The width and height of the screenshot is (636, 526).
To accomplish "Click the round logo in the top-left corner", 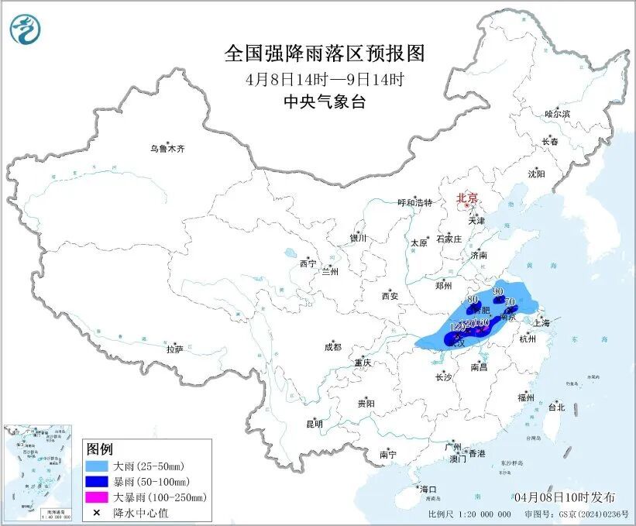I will point(26,29).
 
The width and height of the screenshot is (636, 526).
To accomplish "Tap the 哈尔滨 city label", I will point(556,114).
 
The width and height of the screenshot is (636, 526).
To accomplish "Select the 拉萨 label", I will point(174,349).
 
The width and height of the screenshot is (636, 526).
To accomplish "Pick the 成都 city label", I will point(332,347).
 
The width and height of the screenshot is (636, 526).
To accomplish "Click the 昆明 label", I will point(314,423).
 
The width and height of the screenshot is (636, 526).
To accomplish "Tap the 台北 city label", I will point(556,407).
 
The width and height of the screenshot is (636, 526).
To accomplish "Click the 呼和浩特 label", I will point(414,203).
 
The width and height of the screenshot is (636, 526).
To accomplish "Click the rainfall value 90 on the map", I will point(497,292).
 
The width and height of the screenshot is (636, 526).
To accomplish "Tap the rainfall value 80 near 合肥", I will point(473,299).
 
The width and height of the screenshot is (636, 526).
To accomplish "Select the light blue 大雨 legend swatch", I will point(97,466).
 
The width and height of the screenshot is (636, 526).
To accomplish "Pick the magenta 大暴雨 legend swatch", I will point(97,497).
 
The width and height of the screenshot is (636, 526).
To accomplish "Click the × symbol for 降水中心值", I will point(97,512).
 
